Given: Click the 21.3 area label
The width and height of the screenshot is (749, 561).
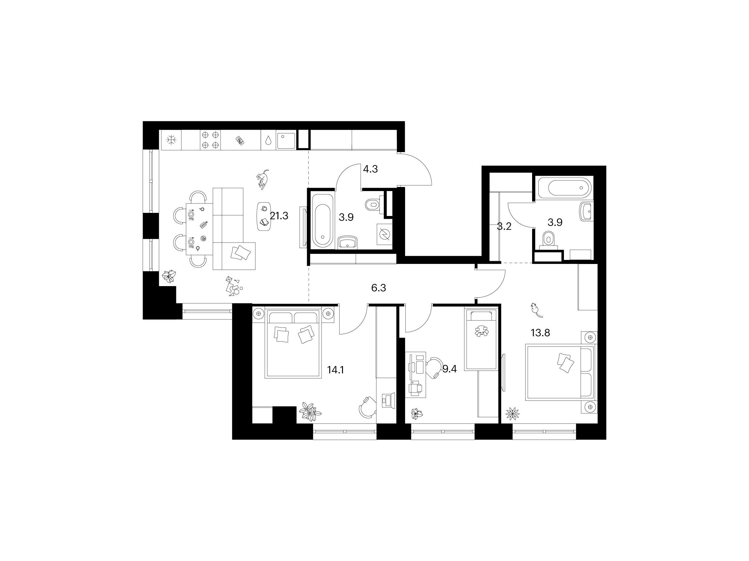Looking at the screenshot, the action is (279, 216).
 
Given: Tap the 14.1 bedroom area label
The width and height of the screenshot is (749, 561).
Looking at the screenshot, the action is (335, 370).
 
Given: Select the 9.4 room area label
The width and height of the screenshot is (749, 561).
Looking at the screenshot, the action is (450, 369).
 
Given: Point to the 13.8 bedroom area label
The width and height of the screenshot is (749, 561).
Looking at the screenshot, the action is (541, 333).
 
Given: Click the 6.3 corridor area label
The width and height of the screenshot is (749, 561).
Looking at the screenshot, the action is (379, 288).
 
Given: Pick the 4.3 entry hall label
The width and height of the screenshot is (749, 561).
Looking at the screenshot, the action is (370, 169).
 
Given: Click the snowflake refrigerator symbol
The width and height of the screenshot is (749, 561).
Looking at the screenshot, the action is (172, 140).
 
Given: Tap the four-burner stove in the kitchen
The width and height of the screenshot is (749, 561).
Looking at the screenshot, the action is (210, 140).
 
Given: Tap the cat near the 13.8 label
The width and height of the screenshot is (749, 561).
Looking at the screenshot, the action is (536, 310).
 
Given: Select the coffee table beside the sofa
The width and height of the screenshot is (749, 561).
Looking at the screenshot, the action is (264, 216).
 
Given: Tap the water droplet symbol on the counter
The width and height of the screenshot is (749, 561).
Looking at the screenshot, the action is (268, 140).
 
